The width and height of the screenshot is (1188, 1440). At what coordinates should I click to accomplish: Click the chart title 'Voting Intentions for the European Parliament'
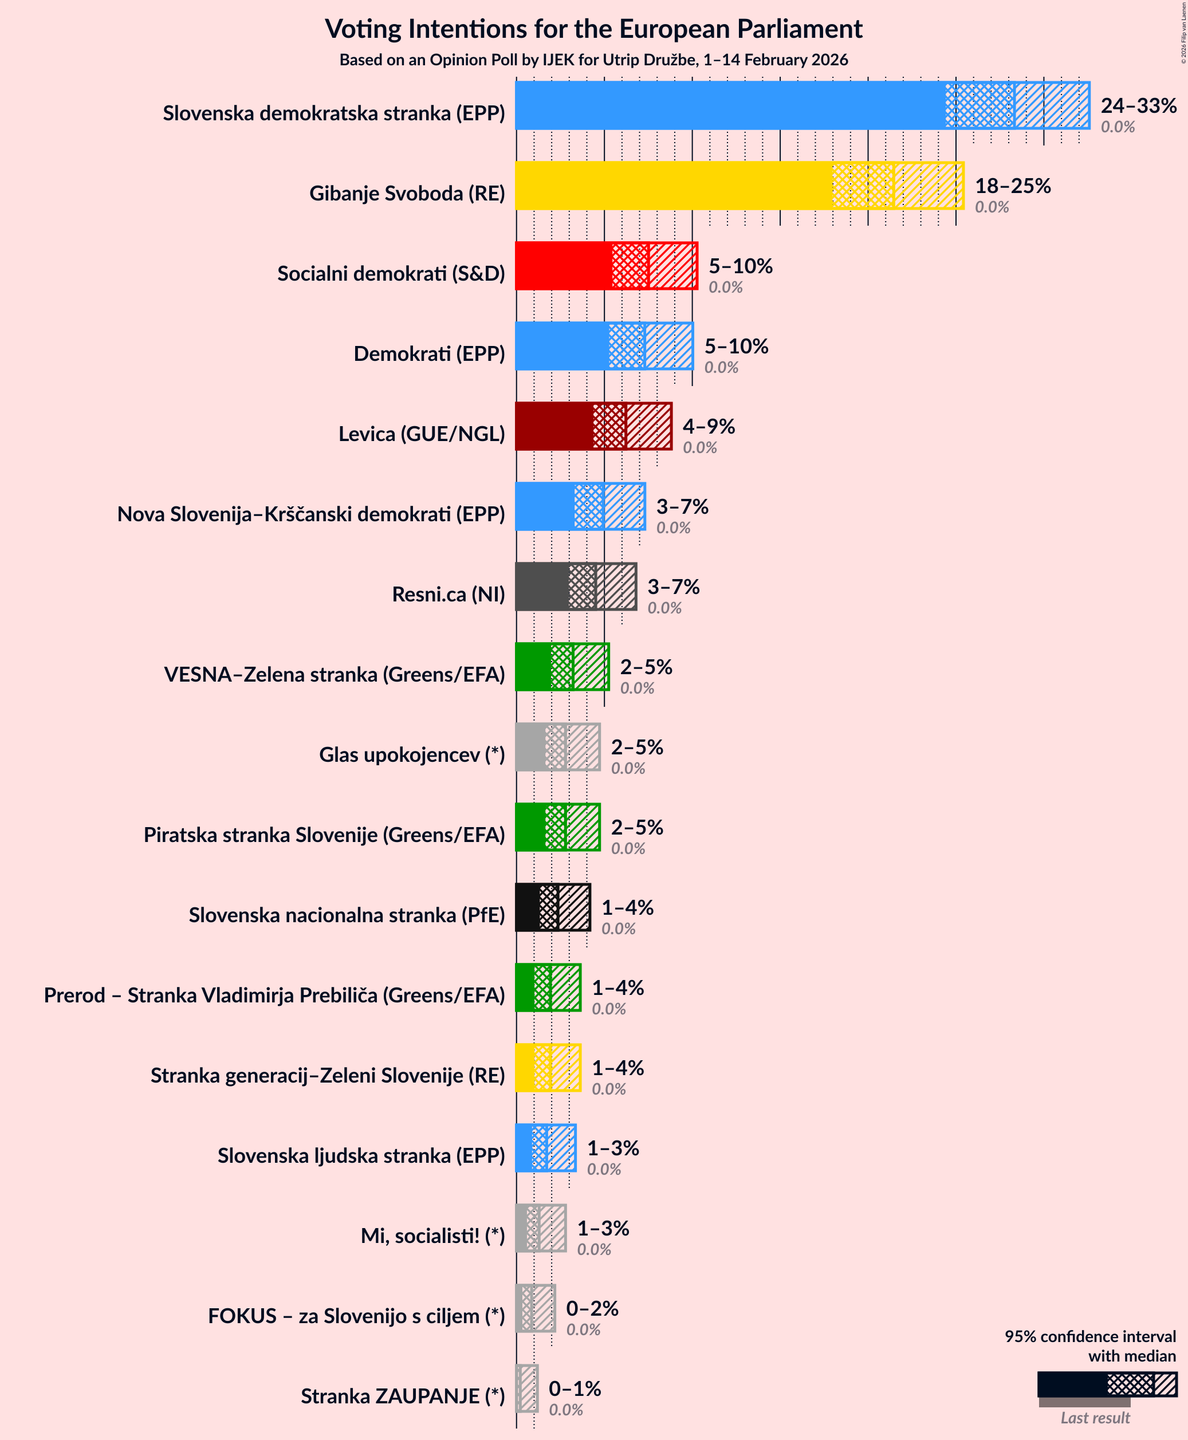point(593,29)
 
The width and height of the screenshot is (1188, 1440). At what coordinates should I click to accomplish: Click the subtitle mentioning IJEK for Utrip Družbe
point(593,60)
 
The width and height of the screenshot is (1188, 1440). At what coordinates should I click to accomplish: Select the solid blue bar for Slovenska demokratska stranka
point(729,105)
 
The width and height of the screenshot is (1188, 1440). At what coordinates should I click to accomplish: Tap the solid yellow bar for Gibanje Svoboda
point(674,186)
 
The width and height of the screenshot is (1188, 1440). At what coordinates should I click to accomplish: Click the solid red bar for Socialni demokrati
point(563,266)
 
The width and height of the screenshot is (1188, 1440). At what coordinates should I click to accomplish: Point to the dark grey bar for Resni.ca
point(541,587)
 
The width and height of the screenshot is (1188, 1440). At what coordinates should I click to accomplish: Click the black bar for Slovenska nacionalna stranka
point(527,907)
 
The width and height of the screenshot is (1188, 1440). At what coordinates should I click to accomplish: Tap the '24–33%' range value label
point(1138,105)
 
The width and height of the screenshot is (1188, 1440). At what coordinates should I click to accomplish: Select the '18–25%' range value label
point(1012,186)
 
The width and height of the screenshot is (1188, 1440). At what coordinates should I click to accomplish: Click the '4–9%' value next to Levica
point(709,426)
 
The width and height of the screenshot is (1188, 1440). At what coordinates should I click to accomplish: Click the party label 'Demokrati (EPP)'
point(429,354)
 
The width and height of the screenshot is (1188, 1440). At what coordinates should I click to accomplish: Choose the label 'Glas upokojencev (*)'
point(411,755)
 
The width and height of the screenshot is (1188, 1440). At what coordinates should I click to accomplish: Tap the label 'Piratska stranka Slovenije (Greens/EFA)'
point(324,835)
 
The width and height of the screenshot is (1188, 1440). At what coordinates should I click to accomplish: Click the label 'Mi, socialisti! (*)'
point(432,1236)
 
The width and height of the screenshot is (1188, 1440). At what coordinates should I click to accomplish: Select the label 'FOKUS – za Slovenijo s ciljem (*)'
point(356,1316)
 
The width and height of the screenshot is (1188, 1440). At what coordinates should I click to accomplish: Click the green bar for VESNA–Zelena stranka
point(532,667)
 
